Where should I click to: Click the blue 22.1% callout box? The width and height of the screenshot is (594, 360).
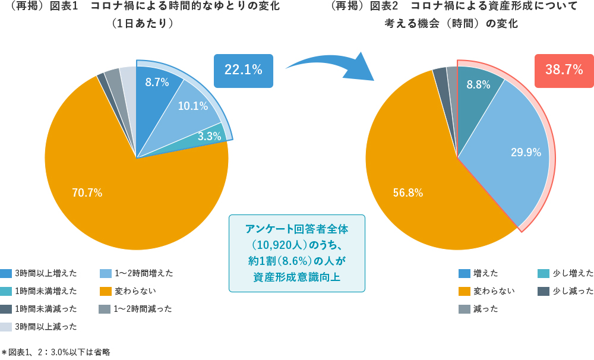243,70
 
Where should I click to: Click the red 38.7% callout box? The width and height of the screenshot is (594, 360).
564,70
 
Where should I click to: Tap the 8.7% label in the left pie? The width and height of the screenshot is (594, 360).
157,83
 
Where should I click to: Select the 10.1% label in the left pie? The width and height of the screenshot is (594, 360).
192,106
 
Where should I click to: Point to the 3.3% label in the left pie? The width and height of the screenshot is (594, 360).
209,136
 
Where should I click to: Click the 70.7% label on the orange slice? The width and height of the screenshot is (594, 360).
87,192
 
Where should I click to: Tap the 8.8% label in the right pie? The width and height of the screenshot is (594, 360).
478,85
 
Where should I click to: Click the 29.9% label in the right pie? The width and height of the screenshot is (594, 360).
526,152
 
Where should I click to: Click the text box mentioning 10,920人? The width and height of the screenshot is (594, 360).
296,253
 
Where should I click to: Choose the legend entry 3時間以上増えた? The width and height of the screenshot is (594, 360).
39,273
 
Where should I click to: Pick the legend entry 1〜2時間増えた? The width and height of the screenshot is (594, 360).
137,273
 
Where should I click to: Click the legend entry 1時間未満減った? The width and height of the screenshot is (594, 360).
39,309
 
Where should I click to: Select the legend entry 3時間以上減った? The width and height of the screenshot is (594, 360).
39,327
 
